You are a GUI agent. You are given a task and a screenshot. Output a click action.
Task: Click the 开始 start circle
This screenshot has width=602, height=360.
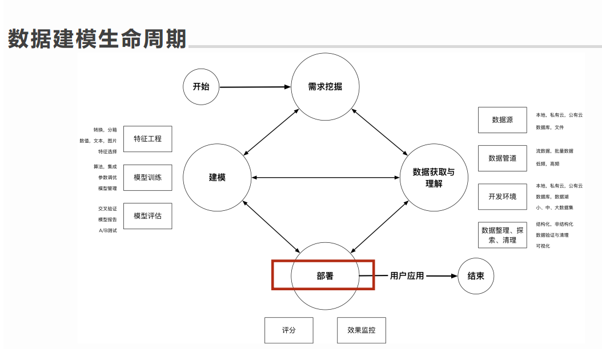201,87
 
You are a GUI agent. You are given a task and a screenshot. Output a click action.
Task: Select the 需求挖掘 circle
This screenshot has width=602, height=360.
325,87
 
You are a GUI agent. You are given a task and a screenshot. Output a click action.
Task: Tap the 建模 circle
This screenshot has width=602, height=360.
217,177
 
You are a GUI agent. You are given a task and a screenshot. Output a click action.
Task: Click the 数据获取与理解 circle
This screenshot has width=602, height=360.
434,177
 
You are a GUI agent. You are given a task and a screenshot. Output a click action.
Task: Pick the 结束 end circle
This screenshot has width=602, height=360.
476,276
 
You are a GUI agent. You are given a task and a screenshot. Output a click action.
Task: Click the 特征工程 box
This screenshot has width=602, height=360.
147,139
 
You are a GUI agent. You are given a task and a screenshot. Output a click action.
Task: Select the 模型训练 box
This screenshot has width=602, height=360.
147,177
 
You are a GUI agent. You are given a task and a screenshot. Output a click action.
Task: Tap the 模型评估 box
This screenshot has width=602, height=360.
147,216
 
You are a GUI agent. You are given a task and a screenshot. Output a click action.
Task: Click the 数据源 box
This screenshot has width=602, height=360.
502,120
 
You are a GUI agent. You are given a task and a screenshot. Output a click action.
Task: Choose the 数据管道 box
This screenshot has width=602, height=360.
502,158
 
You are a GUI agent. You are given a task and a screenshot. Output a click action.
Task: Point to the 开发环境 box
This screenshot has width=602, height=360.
502,197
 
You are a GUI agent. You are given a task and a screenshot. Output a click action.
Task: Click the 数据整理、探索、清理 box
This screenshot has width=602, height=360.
502,235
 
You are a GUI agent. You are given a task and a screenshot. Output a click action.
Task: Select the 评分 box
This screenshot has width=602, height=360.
289,330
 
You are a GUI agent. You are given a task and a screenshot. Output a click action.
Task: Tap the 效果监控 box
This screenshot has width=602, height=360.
362,330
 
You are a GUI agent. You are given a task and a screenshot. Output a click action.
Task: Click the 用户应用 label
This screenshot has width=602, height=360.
407,276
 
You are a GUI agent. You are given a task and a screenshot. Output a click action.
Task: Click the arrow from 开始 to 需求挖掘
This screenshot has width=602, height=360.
254,87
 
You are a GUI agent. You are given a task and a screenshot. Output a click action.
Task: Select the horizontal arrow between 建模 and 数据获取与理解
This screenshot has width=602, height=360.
326,178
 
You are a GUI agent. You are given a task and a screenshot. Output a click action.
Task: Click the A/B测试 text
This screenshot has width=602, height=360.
107,230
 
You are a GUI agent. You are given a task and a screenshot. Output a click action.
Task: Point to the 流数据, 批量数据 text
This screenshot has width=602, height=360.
554,151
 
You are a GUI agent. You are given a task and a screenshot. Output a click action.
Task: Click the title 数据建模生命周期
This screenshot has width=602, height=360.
97,39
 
